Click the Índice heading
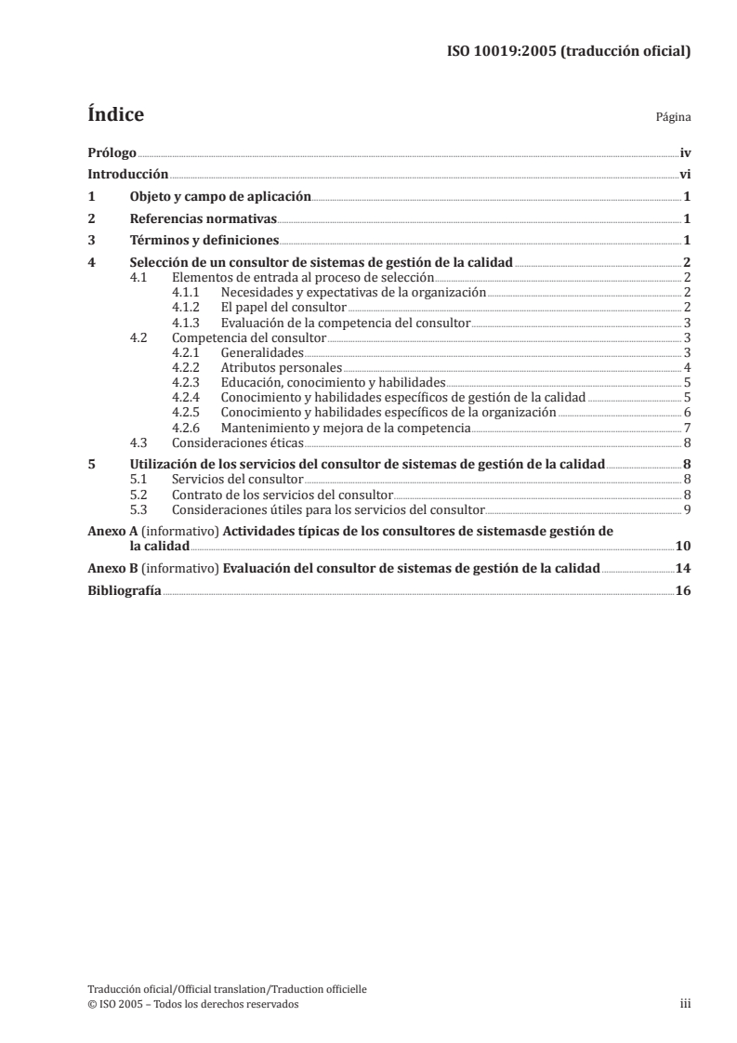coord(114,115)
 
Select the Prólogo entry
coord(112,152)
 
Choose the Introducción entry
coord(127,174)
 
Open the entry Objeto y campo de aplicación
coord(220,196)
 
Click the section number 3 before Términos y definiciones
coord(90,241)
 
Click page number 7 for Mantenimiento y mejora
coord(686,428)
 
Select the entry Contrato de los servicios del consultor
coord(283,495)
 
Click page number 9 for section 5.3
coord(686,509)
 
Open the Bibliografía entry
coord(124,590)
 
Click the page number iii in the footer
coord(685,1004)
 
